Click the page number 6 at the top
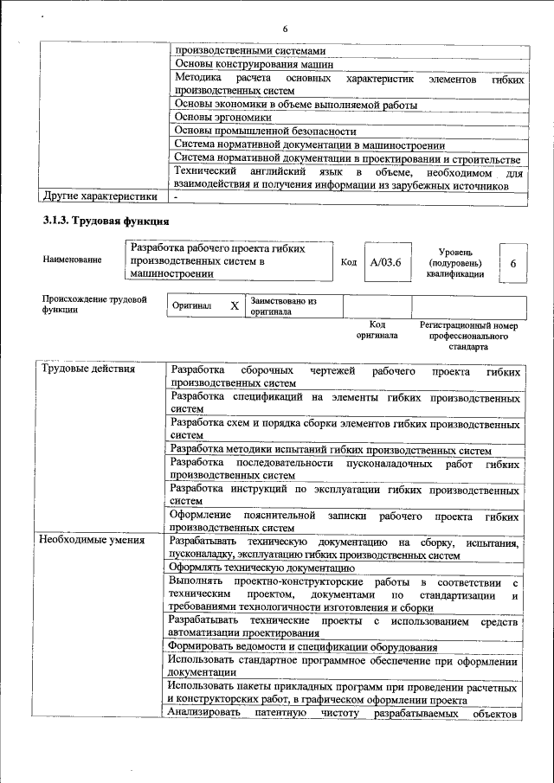(x=285, y=30)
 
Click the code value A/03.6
(x=385, y=262)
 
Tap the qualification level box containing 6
(x=513, y=263)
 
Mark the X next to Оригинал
(x=234, y=306)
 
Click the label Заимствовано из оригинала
(x=284, y=306)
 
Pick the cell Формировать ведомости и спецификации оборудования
(x=302, y=646)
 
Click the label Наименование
(x=72, y=260)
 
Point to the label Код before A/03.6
(x=348, y=262)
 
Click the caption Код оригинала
(x=377, y=330)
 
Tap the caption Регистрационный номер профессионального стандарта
(x=468, y=336)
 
